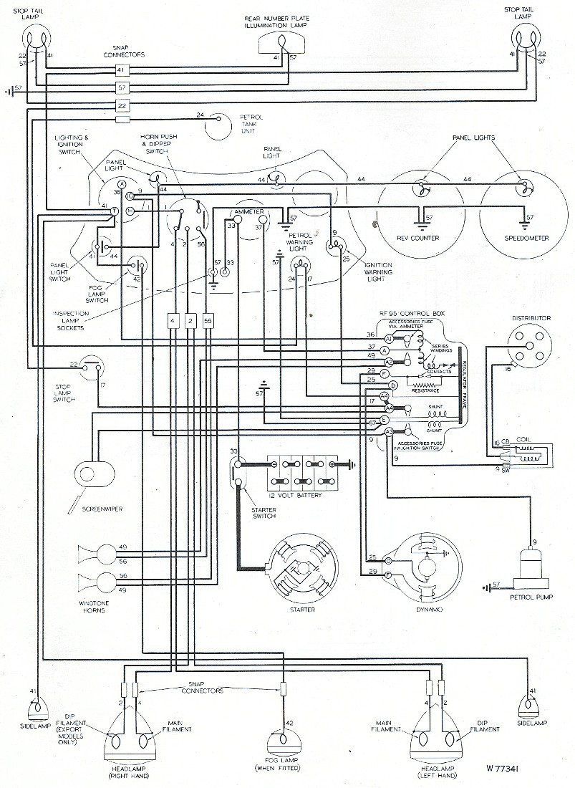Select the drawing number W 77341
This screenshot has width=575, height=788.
tap(506, 770)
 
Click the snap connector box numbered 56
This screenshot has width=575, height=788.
tap(208, 321)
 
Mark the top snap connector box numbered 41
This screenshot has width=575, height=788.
tap(122, 70)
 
